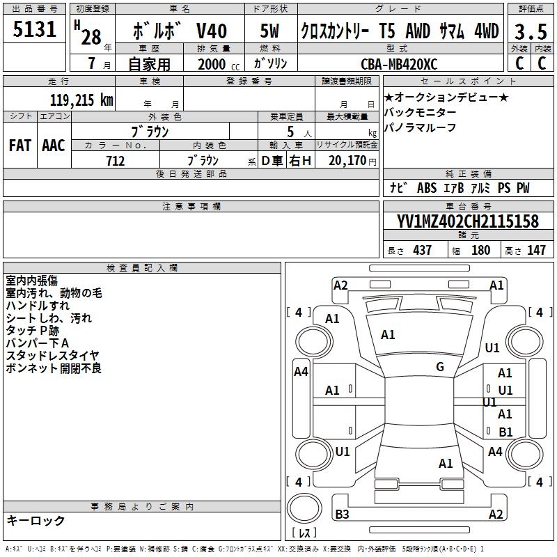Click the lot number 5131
(35, 30)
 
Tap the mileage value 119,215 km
(81, 100)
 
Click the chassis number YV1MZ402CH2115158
(468, 221)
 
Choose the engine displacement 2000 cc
(212, 65)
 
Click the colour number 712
(116, 161)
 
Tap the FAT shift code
(20, 146)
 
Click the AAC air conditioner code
(54, 146)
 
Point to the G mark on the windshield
(440, 367)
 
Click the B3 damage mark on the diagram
(342, 515)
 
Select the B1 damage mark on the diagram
(505, 432)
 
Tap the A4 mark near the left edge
(301, 372)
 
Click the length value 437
(422, 251)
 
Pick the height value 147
(536, 251)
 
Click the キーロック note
(36, 521)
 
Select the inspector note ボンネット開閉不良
(54, 368)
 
